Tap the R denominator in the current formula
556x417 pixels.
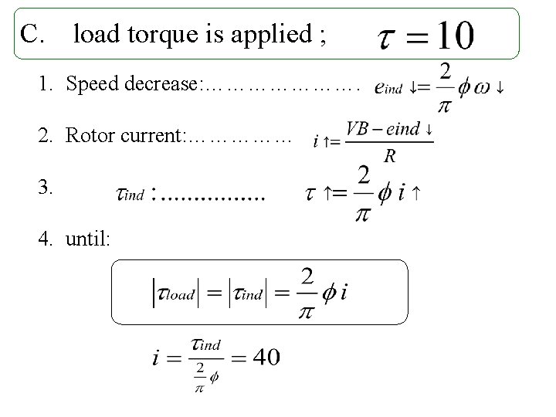pos(390,157)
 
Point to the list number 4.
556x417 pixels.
pos(46,239)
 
